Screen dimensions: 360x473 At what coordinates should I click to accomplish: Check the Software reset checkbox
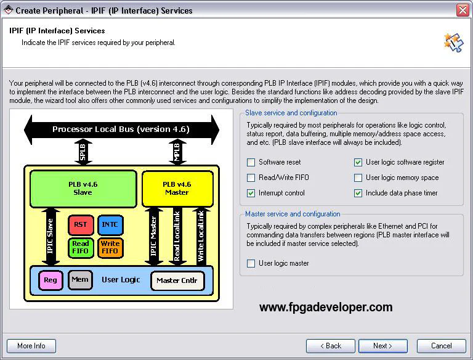[251, 163]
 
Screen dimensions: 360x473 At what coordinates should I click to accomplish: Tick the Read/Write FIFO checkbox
[251, 178]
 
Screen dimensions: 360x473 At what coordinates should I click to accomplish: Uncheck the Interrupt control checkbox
[251, 194]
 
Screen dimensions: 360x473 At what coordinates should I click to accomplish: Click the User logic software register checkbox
[358, 163]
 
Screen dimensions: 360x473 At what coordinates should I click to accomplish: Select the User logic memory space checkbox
[358, 178]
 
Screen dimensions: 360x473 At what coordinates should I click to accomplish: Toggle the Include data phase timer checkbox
[358, 194]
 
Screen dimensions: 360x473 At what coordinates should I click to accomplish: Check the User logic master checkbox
[251, 264]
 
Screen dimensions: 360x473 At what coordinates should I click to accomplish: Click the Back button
[331, 346]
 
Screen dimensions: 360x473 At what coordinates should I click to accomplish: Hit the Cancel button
[441, 346]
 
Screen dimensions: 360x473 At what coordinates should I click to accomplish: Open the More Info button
[31, 346]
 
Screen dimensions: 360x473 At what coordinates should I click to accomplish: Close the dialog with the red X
[463, 10]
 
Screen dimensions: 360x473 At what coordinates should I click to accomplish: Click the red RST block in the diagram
[81, 225]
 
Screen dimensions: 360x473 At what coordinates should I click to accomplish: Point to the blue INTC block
[110, 225]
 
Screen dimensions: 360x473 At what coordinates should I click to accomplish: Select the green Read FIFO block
[81, 247]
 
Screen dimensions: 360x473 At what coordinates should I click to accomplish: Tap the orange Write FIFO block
[110, 247]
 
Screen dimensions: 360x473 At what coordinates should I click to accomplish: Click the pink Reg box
[51, 280]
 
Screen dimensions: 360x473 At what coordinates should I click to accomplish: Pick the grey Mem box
[80, 280]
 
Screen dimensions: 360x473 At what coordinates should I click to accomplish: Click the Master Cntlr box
[177, 280]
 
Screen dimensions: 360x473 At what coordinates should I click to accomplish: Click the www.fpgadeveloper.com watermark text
[326, 307]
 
